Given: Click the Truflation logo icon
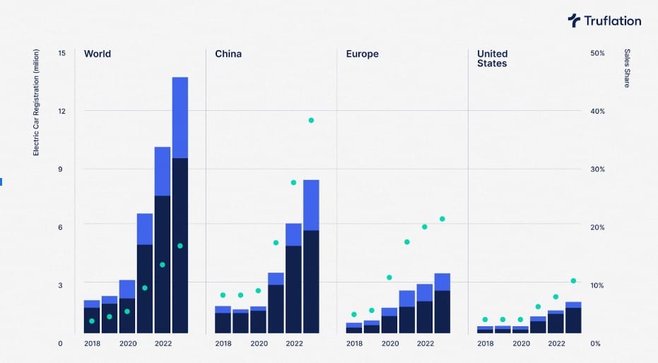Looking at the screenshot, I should [x=574, y=20].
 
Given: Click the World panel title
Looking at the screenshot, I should [x=98, y=54].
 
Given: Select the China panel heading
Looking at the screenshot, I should [x=228, y=54].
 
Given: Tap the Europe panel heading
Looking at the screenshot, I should [x=363, y=54].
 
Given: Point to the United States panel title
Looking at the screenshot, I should [x=493, y=59].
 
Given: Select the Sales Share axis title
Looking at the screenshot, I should [x=626, y=69].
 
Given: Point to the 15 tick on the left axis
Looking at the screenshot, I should [x=61, y=53].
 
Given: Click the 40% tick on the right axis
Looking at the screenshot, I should [x=597, y=112].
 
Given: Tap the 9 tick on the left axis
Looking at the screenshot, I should [x=61, y=169].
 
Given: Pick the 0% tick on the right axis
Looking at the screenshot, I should [x=595, y=343].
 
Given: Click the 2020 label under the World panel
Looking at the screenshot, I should [x=128, y=343].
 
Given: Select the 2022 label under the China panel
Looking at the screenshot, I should [x=294, y=343].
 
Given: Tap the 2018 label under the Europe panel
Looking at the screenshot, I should [x=355, y=343].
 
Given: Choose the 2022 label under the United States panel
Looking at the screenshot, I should [x=556, y=343].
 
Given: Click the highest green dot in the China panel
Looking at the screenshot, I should [x=311, y=120].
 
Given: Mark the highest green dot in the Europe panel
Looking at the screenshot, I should [x=442, y=219].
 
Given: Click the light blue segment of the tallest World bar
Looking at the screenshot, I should [x=180, y=117].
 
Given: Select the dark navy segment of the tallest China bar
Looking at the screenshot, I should [x=311, y=281].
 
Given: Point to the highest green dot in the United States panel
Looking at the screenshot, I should [x=573, y=281].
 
